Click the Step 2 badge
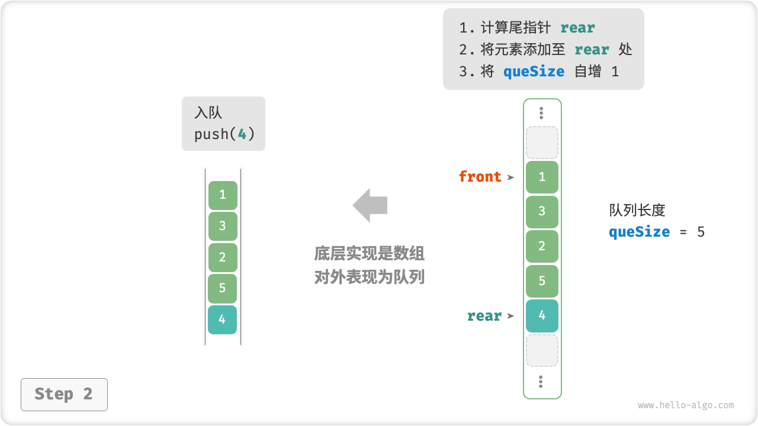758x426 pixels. pos(64,394)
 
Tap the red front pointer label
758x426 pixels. pos(480,177)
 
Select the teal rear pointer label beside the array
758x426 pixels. pos(484,317)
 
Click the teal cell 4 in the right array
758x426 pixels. pos(542,315)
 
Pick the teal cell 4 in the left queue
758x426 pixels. pos(222,319)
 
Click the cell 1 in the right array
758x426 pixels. pos(542,177)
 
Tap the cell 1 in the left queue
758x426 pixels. pos(223,195)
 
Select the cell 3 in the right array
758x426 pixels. pos(542,212)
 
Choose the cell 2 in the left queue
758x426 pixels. pos(223,257)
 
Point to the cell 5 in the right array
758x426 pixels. pos(542,281)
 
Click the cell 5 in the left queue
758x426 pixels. pos(223,288)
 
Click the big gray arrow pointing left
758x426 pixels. pos(370,205)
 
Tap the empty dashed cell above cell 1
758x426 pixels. pos(542,143)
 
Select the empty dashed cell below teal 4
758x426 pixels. pos(542,350)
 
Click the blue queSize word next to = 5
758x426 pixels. pos(639,232)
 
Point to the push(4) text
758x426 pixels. pos(224,134)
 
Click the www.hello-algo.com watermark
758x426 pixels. pos(686,405)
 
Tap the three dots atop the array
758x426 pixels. pos(541,113)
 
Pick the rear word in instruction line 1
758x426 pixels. pos(577,28)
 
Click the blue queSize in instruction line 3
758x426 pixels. pos(534,72)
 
